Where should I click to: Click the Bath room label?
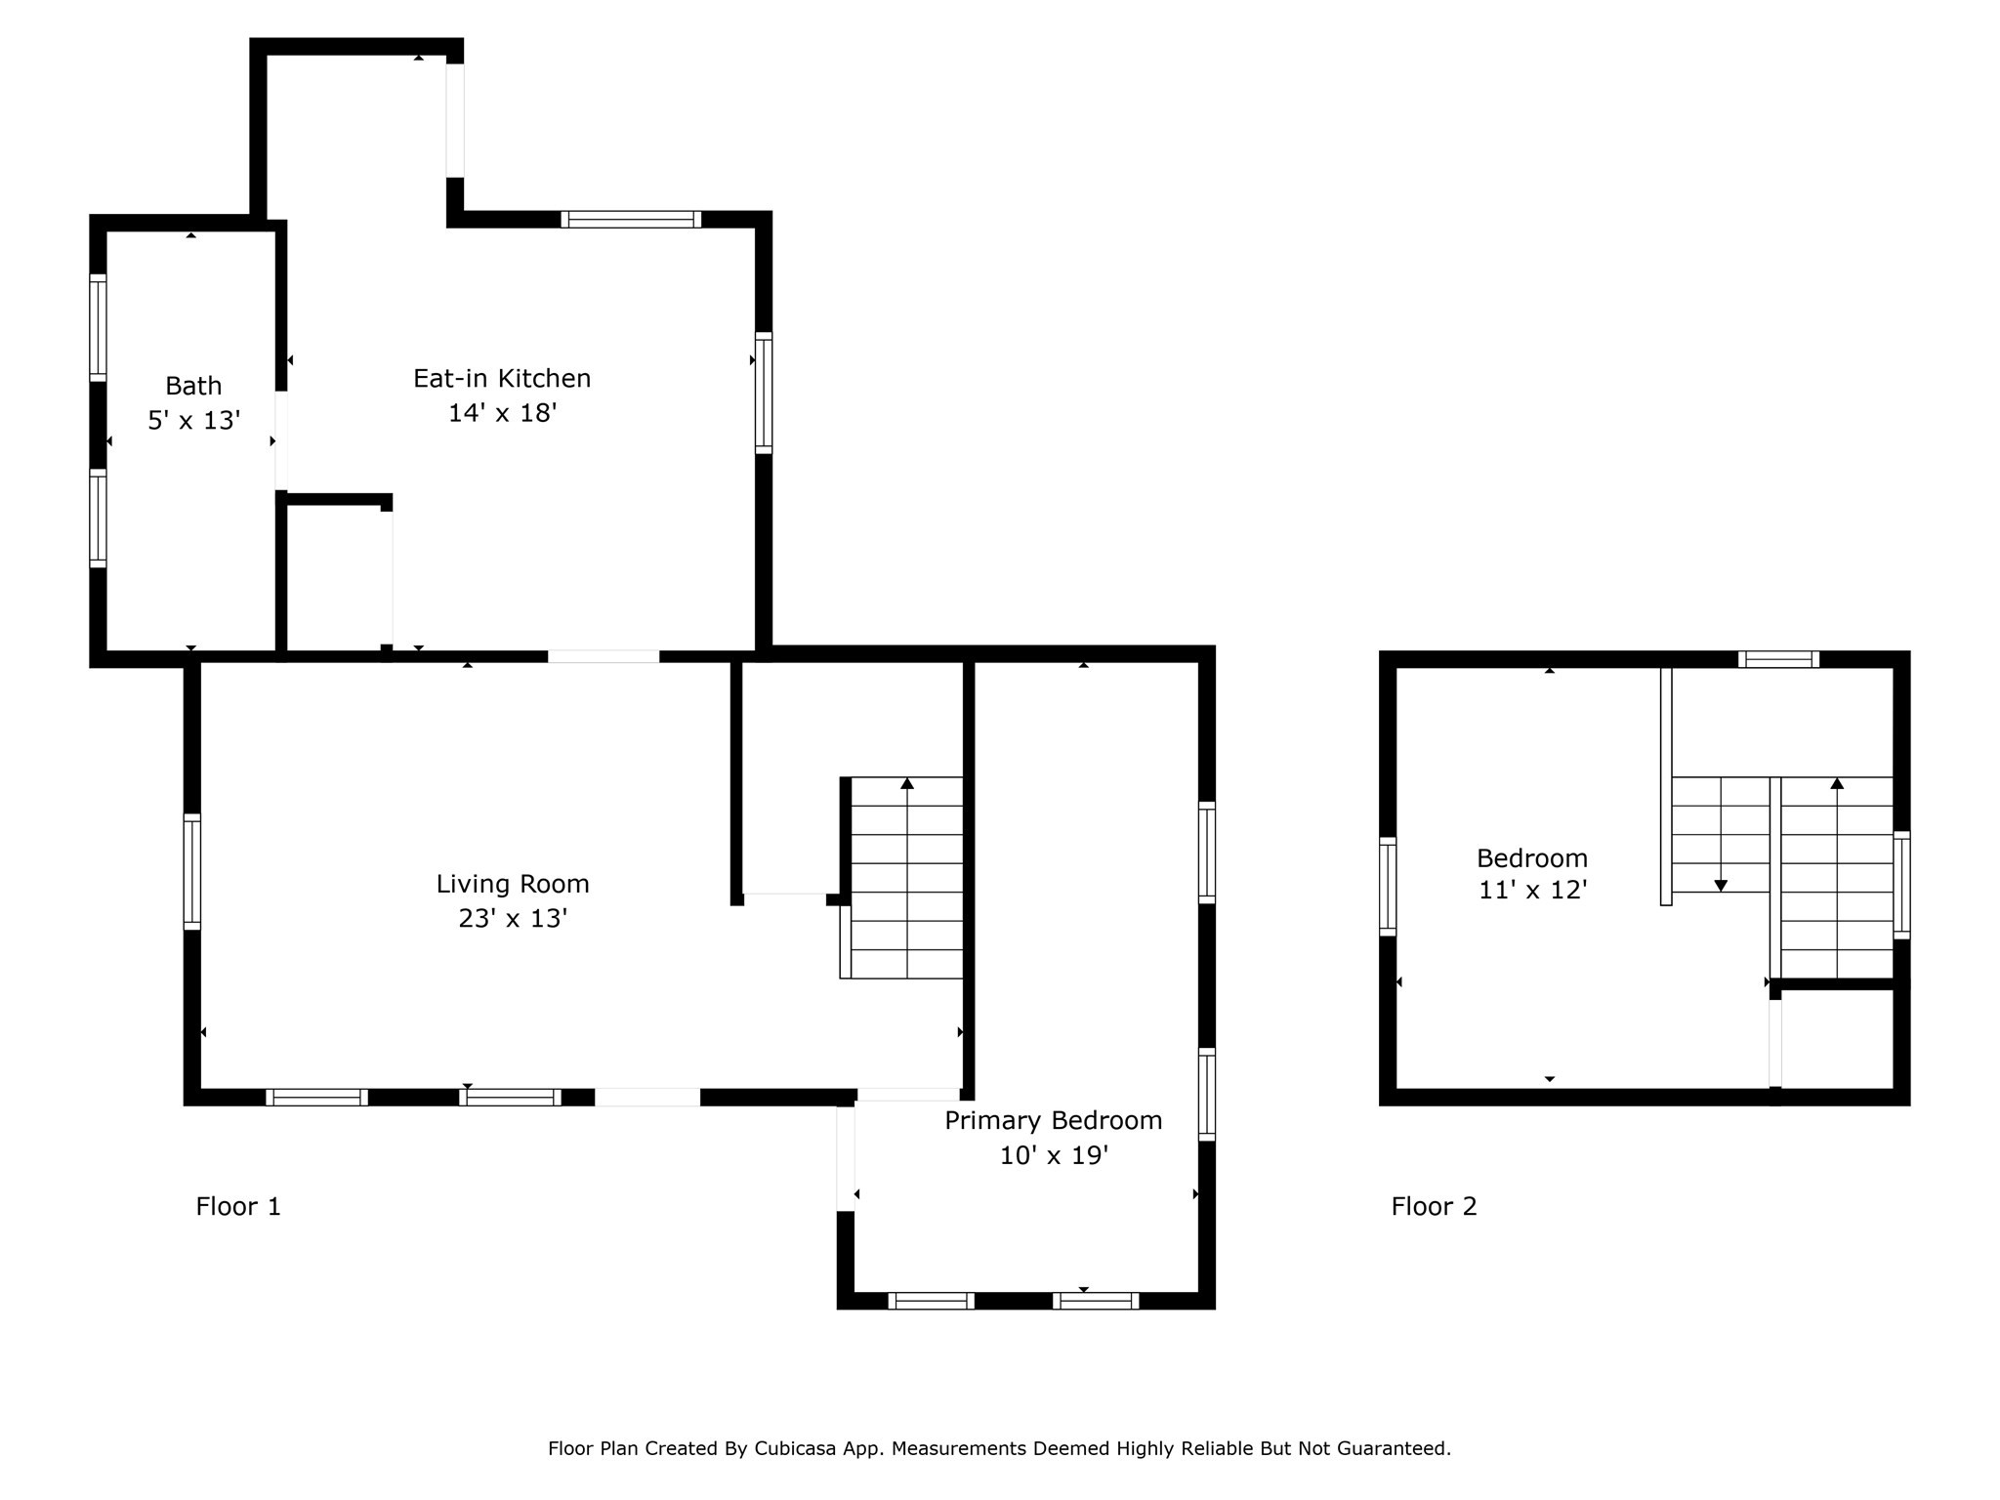click(193, 386)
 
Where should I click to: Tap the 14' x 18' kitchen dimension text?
click(502, 413)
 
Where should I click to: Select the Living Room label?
click(513, 884)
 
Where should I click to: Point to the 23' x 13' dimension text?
click(513, 919)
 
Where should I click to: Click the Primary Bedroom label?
click(1053, 1120)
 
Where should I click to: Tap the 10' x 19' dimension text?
click(1053, 1156)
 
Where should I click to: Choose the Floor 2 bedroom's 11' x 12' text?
click(1532, 891)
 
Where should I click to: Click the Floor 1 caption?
click(238, 1207)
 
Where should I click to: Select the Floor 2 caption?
click(1434, 1207)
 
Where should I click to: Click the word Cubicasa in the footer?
click(794, 1448)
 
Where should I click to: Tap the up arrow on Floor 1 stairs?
click(907, 784)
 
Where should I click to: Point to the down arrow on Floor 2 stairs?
click(1721, 885)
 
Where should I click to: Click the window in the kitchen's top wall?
click(631, 219)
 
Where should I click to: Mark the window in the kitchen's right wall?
click(764, 393)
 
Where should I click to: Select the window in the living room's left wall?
click(192, 871)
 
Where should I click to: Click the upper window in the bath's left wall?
click(98, 327)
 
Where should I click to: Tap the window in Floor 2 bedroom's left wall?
click(1388, 887)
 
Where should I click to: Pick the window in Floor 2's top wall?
click(1778, 659)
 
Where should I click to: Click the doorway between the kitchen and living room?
click(604, 656)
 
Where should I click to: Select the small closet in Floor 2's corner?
click(1837, 1039)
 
